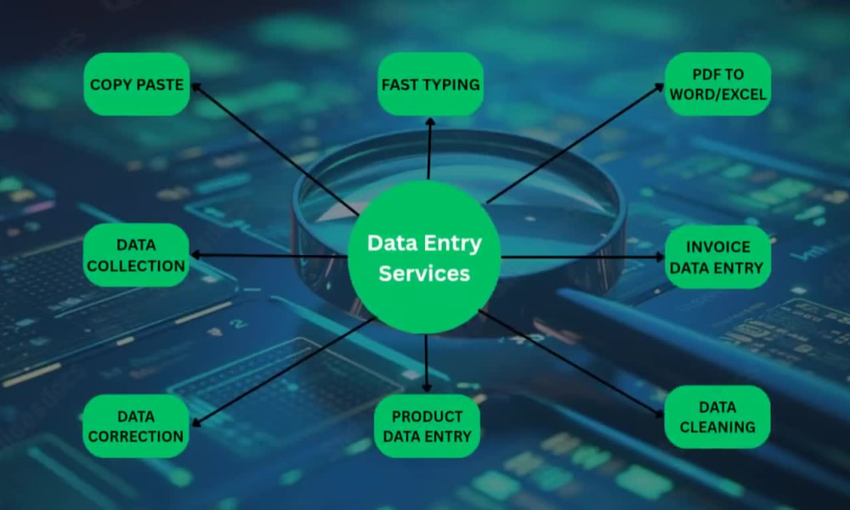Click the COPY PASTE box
137,84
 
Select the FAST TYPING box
430,84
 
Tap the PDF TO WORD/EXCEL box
717,84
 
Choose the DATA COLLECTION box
136,255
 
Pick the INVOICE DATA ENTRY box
717,257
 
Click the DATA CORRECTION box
135,426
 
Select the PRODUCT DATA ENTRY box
428,426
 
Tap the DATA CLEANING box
717,416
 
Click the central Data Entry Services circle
424,257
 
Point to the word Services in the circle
424,273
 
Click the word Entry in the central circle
453,244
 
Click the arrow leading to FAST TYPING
429,149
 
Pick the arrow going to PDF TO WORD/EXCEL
575,143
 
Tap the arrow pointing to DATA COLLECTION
269,255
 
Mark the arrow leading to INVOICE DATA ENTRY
583,257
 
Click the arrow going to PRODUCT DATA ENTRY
427,363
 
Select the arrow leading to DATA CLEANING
571,364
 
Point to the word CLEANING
717,427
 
